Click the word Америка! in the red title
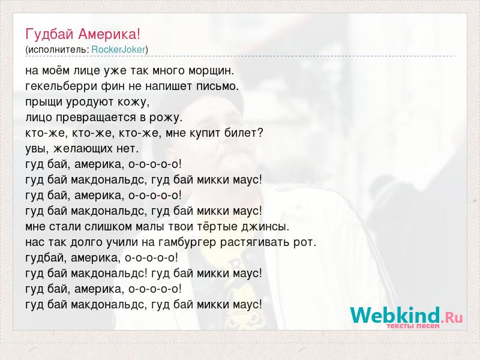pyautogui.click(x=109, y=34)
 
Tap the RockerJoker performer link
pyautogui.click(x=118, y=50)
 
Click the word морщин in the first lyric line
pyautogui.click(x=211, y=71)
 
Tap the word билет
pyautogui.click(x=244, y=133)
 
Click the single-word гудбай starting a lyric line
pyautogui.click(x=46, y=258)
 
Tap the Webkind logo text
pyautogui.click(x=395, y=315)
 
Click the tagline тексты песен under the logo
pyautogui.click(x=413, y=326)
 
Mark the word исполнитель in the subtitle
pyautogui.click(x=58, y=50)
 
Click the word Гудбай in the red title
pyautogui.click(x=50, y=34)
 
